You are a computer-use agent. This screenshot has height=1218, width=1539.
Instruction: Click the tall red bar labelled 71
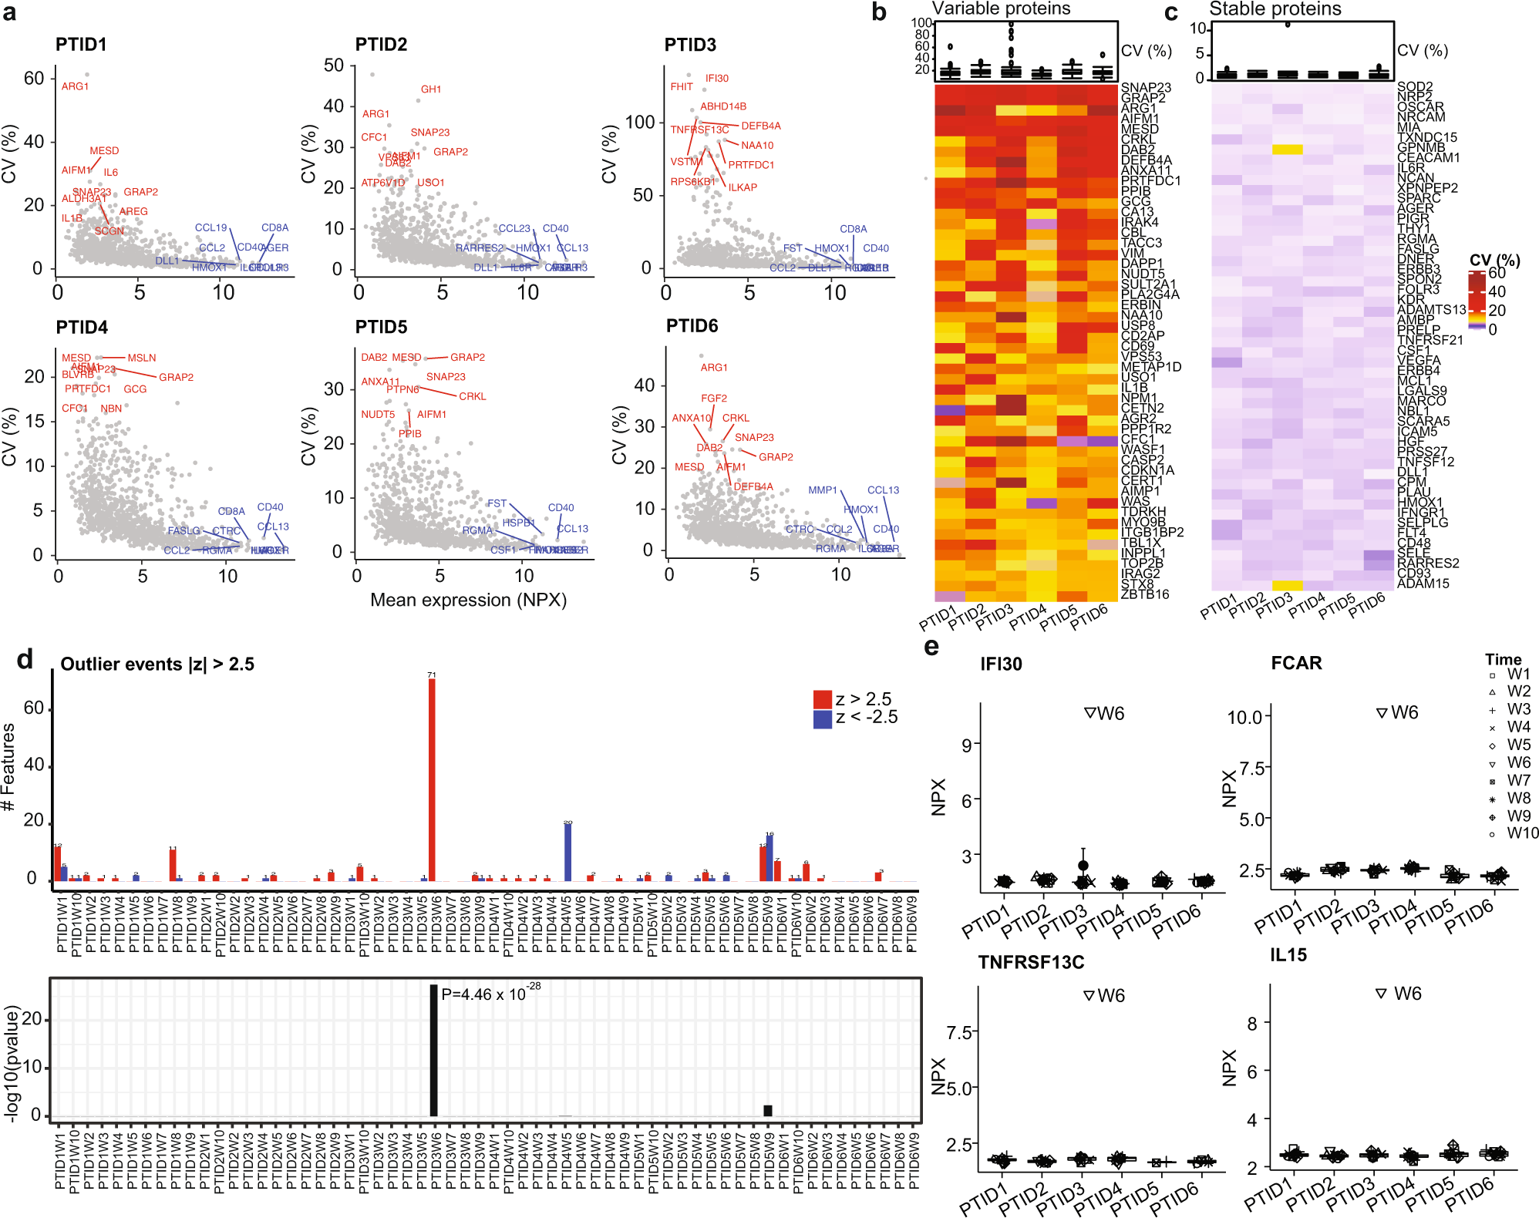(x=432, y=779)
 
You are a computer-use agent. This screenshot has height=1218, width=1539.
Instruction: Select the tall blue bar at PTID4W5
(x=567, y=852)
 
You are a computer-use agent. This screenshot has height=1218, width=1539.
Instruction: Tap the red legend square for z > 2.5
(x=822, y=699)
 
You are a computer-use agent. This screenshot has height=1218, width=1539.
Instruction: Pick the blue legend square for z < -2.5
(x=822, y=718)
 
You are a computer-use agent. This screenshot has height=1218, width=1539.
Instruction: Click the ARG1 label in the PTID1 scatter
(x=75, y=86)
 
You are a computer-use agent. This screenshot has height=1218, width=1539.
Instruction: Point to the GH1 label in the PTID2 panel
(x=431, y=89)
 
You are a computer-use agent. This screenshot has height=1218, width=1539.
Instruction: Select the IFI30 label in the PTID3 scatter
(x=716, y=79)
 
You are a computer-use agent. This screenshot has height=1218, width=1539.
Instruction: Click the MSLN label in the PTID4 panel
(x=142, y=358)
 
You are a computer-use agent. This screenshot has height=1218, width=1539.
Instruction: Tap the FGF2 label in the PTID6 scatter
(x=713, y=399)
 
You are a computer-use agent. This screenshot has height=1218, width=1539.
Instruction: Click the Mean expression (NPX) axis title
(x=468, y=600)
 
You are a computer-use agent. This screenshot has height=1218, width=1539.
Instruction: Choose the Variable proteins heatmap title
(x=1001, y=8)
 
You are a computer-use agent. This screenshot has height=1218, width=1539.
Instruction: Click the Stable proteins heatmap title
(x=1275, y=8)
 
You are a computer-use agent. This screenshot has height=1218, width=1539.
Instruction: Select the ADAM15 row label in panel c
(x=1423, y=584)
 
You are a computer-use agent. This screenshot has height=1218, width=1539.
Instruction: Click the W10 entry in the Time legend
(x=1522, y=833)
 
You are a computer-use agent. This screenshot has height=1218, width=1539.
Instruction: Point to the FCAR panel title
(x=1296, y=663)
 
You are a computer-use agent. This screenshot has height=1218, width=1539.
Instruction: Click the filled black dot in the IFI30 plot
(x=1083, y=866)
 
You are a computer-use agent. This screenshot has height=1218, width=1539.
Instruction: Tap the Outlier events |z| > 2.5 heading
(x=157, y=664)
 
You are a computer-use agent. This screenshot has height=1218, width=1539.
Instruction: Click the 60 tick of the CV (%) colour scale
(x=1497, y=274)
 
